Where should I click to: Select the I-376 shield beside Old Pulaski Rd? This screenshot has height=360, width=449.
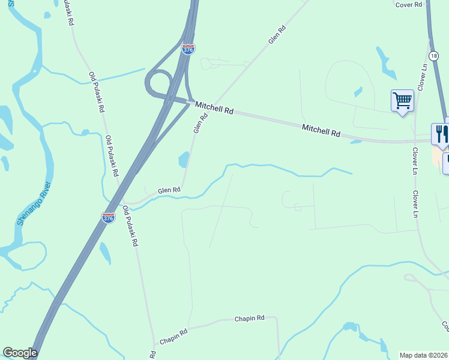point(108,218)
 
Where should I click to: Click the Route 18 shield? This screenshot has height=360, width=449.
point(434,55)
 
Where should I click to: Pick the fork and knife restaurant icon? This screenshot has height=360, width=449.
point(441,133)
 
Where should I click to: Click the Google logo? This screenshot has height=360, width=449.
point(20,353)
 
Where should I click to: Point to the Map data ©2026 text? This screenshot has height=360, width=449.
point(423,355)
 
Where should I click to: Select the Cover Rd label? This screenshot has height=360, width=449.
point(411,4)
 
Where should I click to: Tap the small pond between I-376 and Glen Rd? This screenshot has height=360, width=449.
point(183,160)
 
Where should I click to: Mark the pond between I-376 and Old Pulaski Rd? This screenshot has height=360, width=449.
point(105,252)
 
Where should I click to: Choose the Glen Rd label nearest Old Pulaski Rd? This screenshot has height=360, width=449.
point(169,190)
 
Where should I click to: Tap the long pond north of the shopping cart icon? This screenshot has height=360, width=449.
point(384,63)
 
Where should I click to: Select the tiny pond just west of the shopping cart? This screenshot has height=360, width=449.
point(358,92)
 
